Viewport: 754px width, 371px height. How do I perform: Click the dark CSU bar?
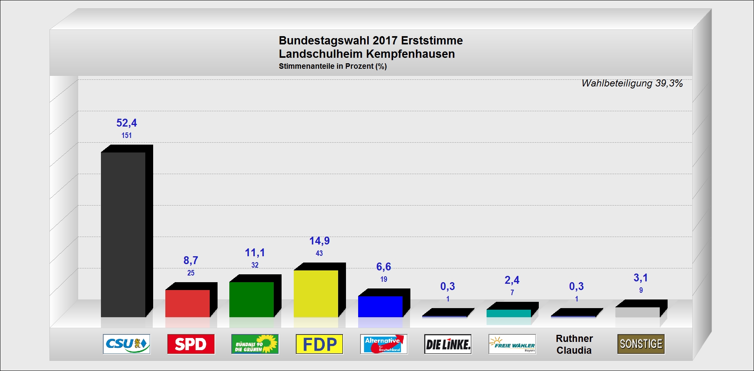click(x=123, y=234)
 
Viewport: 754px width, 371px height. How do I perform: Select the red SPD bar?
click(x=188, y=303)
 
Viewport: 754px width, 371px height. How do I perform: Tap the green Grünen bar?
click(x=252, y=299)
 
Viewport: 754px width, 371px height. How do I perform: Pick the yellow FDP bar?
click(x=316, y=293)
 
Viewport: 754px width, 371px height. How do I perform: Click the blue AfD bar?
click(x=381, y=306)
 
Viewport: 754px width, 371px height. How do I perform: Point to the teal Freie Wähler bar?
click(x=509, y=313)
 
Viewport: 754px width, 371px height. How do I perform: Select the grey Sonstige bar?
click(x=637, y=312)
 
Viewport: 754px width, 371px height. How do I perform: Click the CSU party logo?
click(x=126, y=344)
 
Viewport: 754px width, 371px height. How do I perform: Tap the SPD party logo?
click(x=191, y=344)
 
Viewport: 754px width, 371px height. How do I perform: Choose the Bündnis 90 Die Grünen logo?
click(x=255, y=344)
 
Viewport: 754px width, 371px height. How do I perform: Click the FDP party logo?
click(x=319, y=344)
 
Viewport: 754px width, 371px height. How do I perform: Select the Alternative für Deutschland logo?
click(x=384, y=344)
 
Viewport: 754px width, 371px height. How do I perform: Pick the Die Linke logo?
click(x=448, y=344)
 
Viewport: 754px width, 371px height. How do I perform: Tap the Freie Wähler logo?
click(x=512, y=344)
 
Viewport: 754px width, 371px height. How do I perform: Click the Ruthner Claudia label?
click(x=574, y=344)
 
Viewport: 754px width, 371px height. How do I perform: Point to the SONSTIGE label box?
click(x=641, y=344)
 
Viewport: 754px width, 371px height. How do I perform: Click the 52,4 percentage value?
click(x=126, y=123)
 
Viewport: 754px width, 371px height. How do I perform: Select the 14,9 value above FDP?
click(x=319, y=241)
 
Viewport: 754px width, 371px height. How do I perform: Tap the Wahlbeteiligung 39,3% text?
click(x=632, y=83)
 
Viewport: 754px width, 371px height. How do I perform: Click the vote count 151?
click(x=126, y=136)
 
